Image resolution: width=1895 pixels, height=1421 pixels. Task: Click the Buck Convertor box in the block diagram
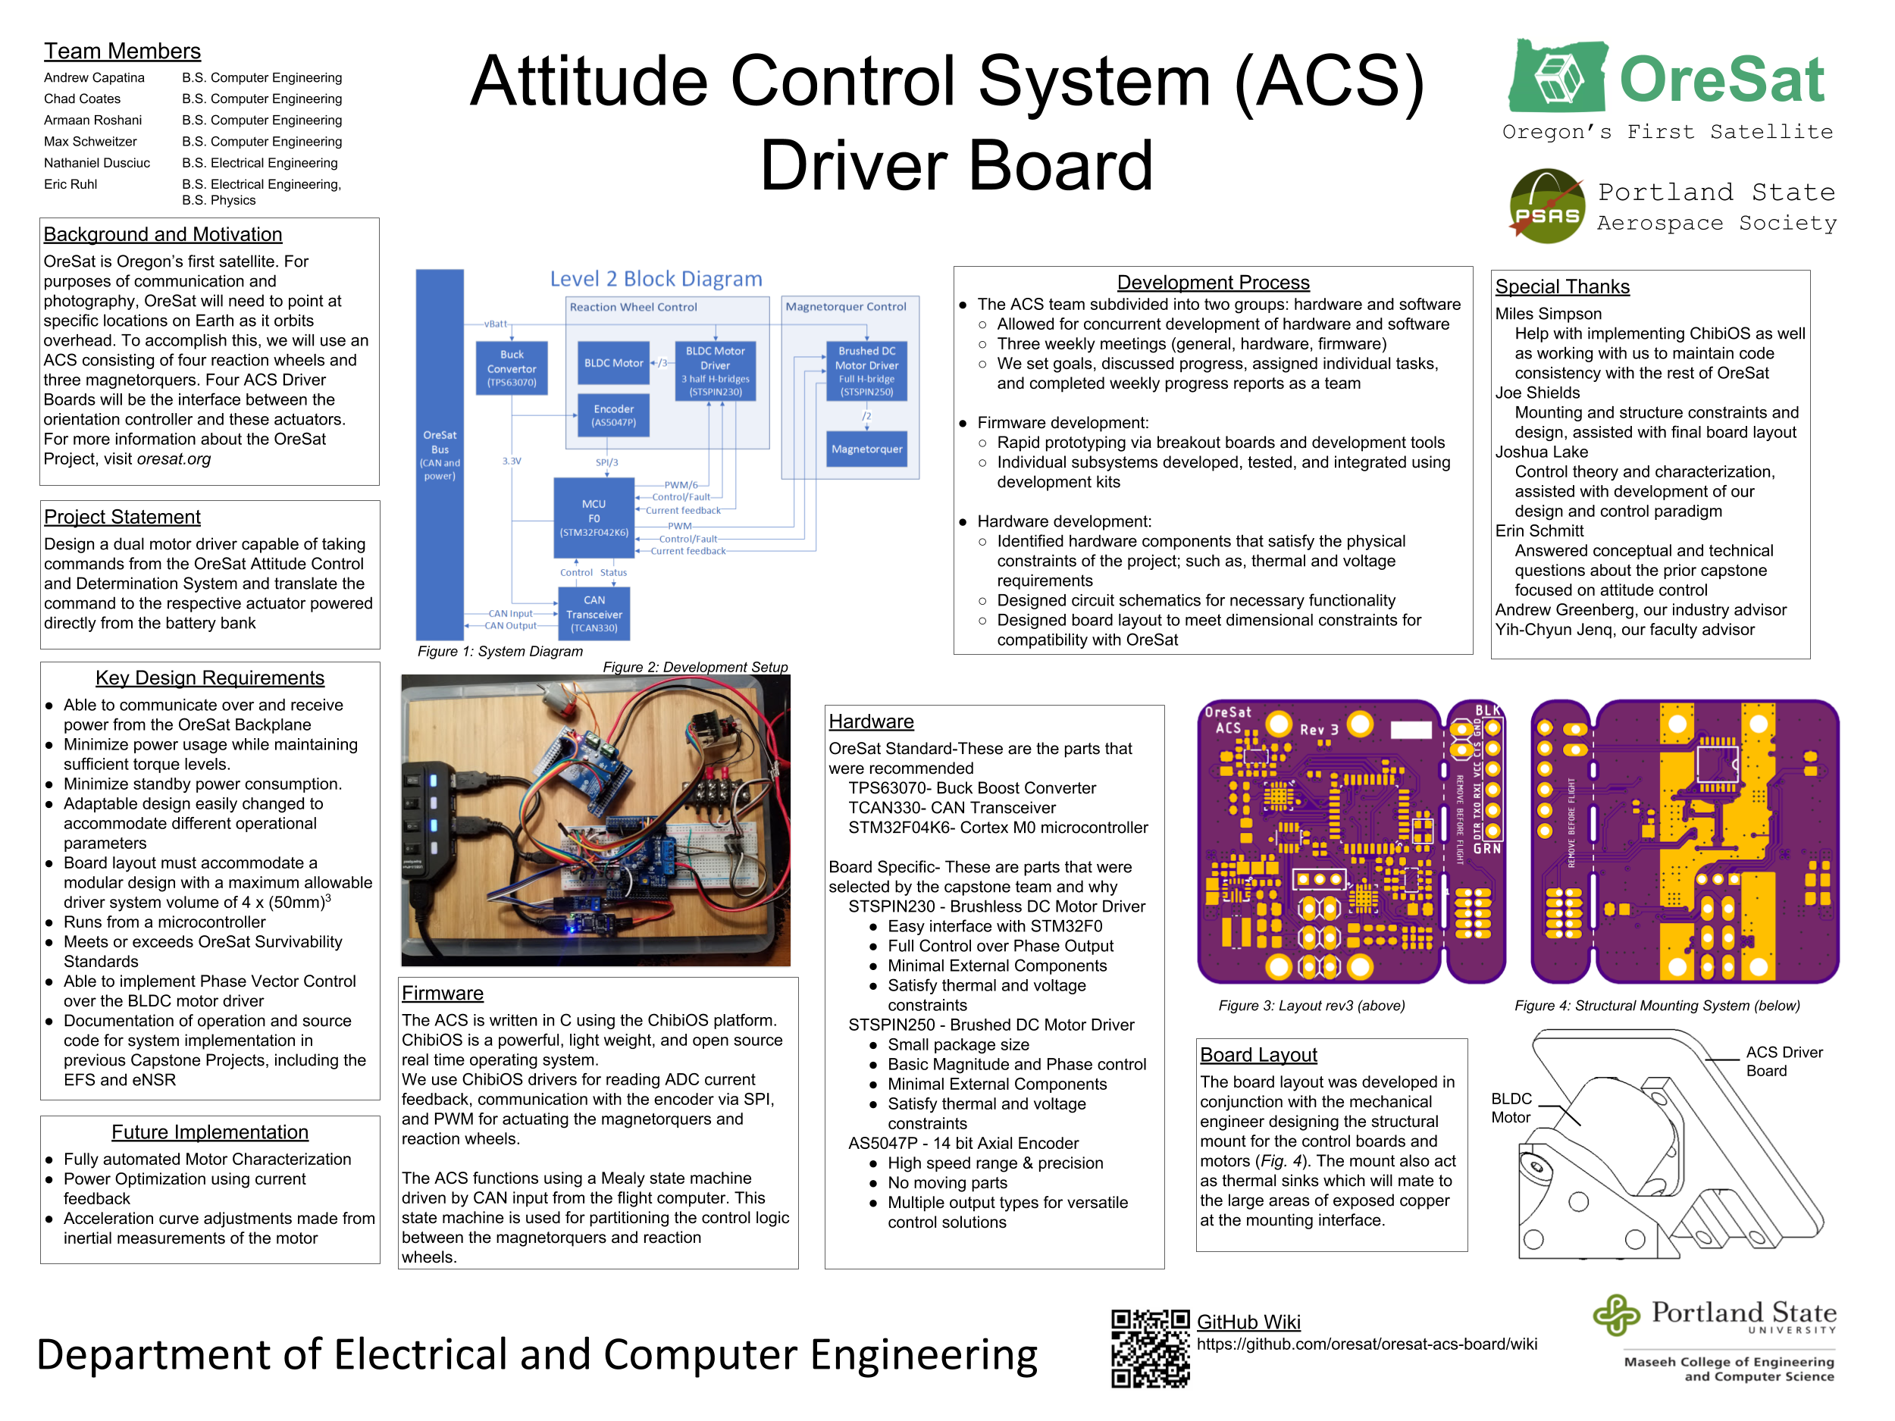[x=512, y=368]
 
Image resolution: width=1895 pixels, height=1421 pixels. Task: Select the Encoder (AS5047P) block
[x=613, y=415]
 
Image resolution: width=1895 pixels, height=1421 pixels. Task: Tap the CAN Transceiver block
[x=594, y=613]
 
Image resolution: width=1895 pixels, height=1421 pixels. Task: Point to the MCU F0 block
[x=594, y=518]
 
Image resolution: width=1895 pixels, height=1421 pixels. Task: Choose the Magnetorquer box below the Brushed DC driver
[x=866, y=449]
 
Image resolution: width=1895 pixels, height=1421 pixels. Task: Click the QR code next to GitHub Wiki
[x=1150, y=1348]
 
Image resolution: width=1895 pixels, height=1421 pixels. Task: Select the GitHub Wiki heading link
[x=1248, y=1322]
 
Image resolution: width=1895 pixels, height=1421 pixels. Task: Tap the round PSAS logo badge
[x=1546, y=206]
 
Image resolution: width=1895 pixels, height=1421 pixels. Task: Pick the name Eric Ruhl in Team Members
[x=70, y=184]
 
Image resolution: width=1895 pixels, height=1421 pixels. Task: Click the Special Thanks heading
[x=1561, y=287]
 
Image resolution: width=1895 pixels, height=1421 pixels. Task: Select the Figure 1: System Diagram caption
[x=500, y=651]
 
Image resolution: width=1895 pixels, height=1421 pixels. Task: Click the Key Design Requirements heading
[x=210, y=678]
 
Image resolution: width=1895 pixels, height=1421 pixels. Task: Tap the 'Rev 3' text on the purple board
[x=1318, y=730]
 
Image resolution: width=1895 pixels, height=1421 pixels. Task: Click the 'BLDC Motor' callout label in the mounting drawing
[x=1511, y=1107]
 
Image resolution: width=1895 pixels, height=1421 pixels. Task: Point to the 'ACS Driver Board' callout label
[x=1784, y=1061]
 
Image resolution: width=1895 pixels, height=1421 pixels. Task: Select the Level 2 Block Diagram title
[x=656, y=279]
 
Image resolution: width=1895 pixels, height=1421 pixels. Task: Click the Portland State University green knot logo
[x=1616, y=1314]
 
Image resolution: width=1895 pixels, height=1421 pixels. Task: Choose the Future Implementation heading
[x=210, y=1131]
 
